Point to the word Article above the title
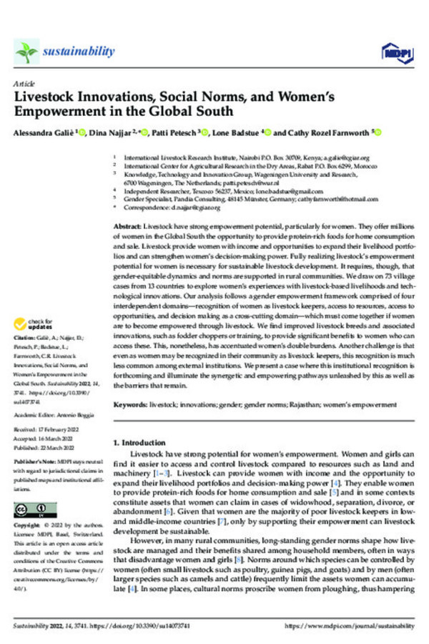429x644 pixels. (24, 84)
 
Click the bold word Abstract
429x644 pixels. (127, 226)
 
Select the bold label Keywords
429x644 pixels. (131, 405)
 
